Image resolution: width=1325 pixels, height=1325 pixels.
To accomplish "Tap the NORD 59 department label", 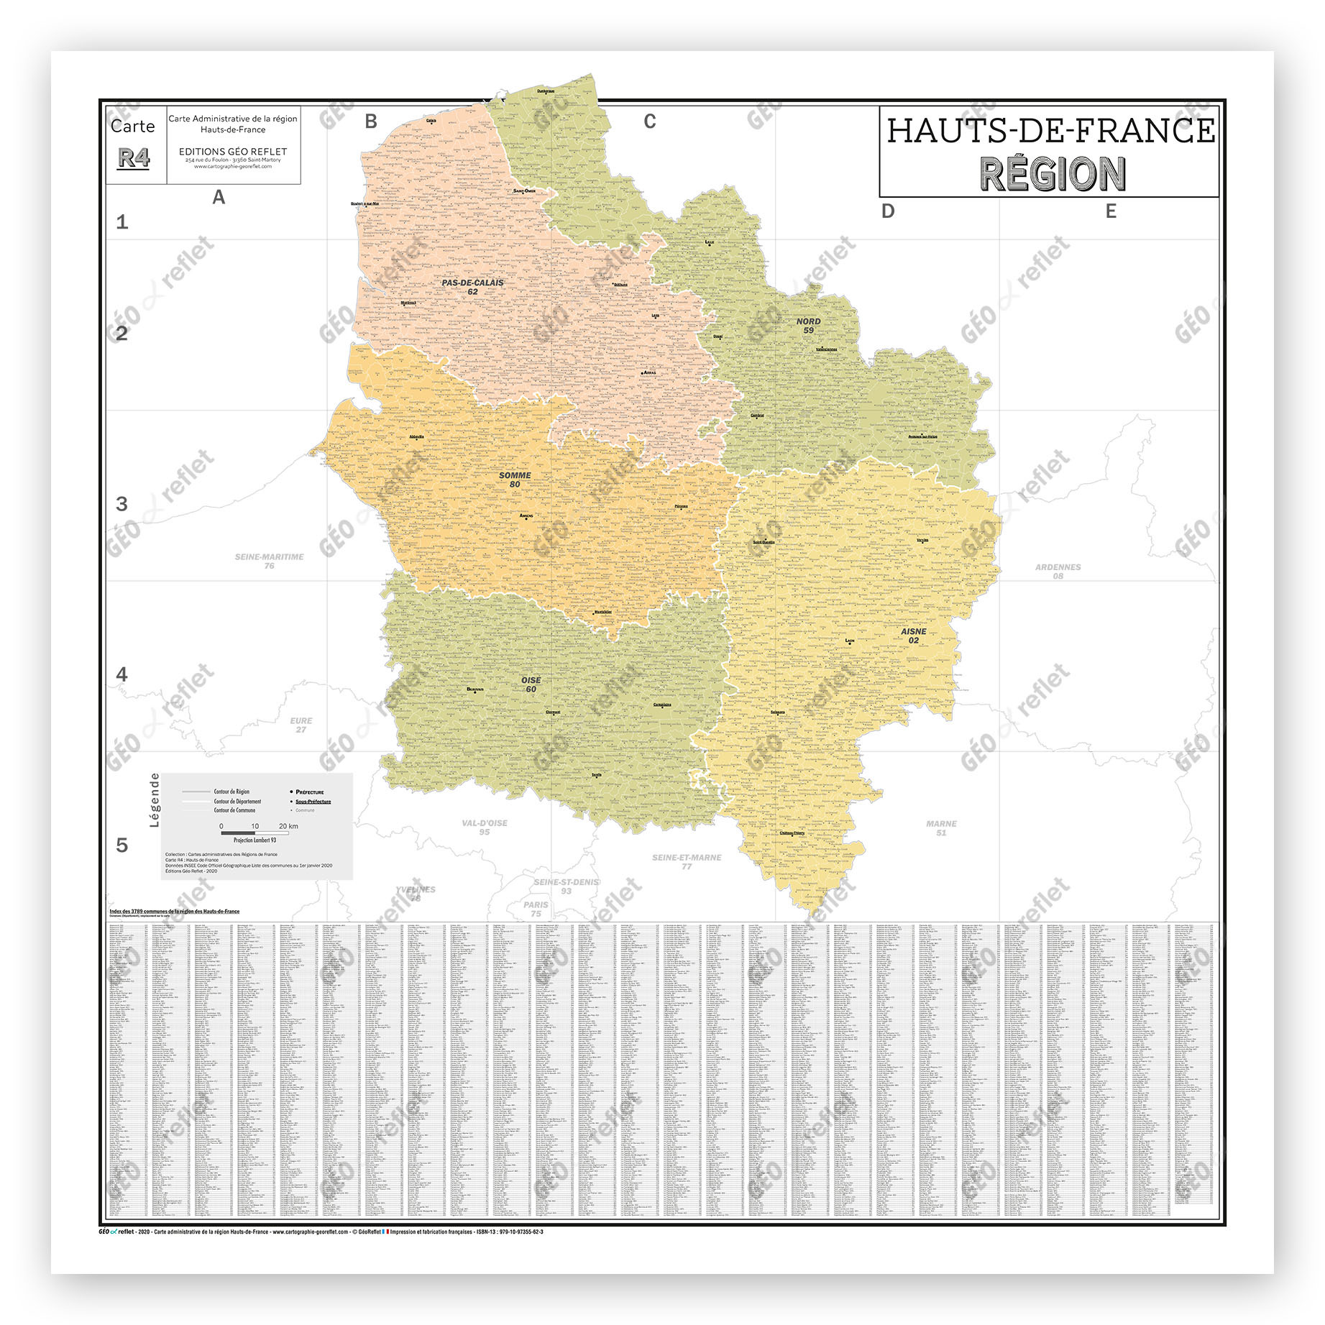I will [808, 326].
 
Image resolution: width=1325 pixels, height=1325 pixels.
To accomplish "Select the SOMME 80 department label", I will [515, 480].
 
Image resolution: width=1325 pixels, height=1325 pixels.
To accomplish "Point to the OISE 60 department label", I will [531, 684].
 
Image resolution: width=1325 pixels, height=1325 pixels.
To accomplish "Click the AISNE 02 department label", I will [913, 636].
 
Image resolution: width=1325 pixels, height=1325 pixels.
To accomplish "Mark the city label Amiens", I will [526, 515].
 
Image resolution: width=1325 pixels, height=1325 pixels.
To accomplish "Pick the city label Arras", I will [649, 372].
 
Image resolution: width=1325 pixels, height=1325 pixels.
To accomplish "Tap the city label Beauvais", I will [475, 689].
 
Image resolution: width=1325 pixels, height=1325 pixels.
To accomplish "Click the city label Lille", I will [710, 242].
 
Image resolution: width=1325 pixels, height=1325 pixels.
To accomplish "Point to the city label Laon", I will [850, 640].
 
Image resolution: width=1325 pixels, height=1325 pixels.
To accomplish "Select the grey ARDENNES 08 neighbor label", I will [1058, 572].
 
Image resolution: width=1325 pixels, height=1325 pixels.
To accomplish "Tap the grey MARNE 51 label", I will [941, 828].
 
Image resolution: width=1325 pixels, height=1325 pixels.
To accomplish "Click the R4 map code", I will [134, 158].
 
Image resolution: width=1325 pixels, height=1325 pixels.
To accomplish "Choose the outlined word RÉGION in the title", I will [1053, 174].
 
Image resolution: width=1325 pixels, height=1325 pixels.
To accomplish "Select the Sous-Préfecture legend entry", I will [313, 801].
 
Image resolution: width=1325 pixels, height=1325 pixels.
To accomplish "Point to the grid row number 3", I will [122, 504].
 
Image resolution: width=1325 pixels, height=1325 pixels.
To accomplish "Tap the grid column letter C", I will [649, 122].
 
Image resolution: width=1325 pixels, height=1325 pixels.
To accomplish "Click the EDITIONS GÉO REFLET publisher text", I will [233, 152].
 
